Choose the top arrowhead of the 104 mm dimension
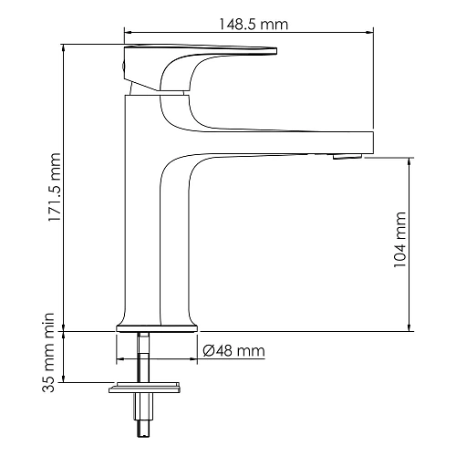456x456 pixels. coord(411,159)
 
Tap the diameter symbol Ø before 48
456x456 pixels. coord(209,351)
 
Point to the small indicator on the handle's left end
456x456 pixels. coord(126,65)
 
